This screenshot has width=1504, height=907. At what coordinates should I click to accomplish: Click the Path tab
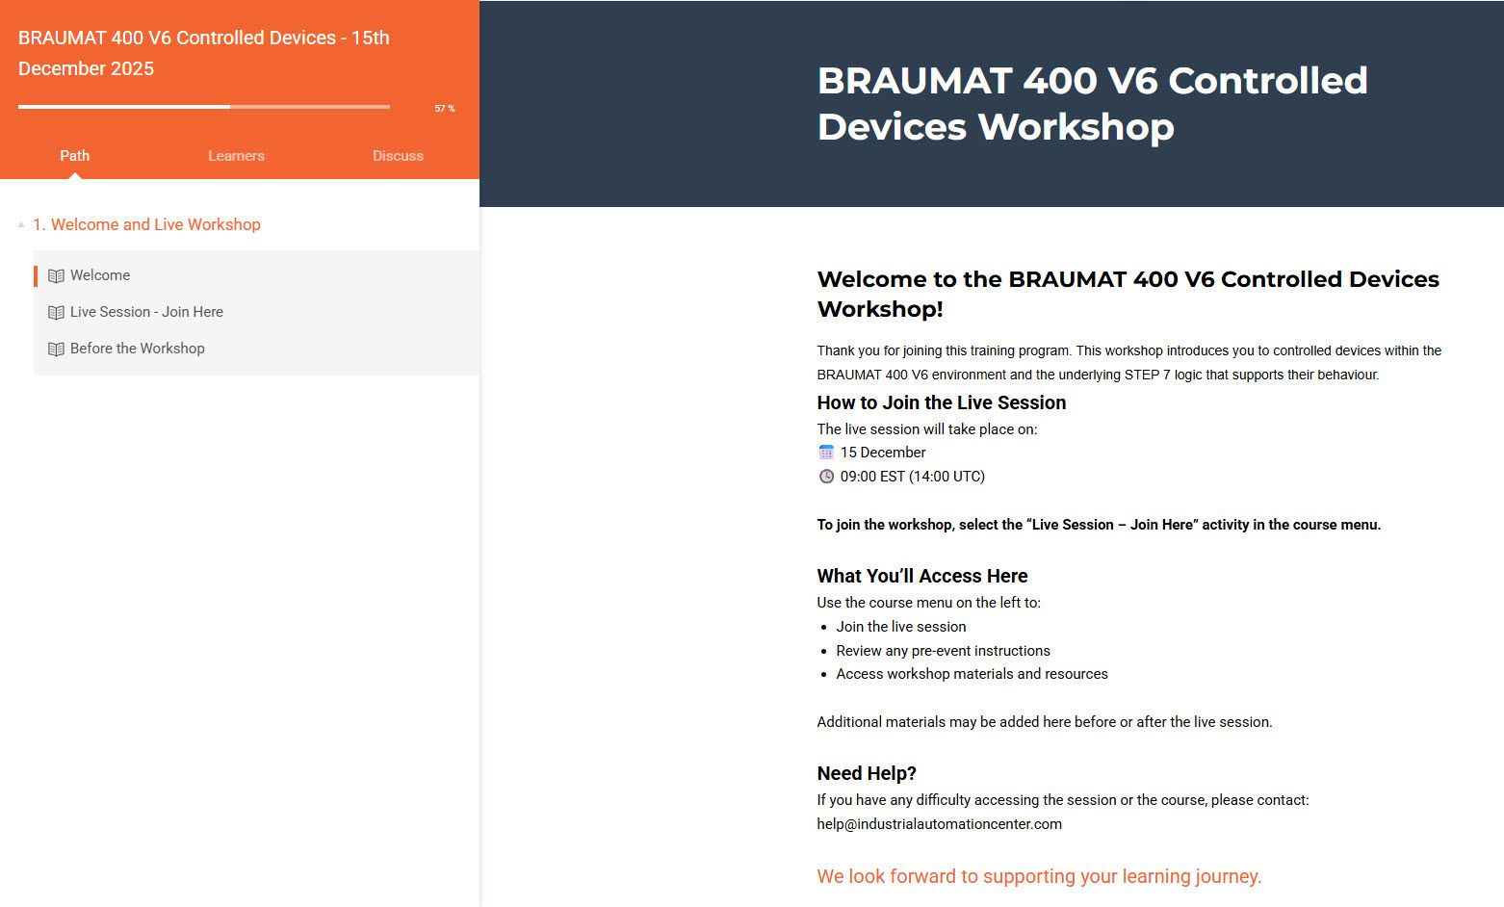(x=74, y=156)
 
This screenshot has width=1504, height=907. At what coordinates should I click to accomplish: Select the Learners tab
(x=236, y=156)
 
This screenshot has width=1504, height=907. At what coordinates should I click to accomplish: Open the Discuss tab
(x=399, y=156)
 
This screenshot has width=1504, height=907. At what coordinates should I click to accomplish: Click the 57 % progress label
(x=445, y=108)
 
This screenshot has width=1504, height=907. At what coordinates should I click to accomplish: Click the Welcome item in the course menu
(x=100, y=275)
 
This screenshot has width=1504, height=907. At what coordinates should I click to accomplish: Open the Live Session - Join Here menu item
(x=146, y=312)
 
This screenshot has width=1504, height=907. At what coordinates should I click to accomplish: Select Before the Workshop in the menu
(x=137, y=349)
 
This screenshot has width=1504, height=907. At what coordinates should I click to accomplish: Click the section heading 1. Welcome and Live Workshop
(x=146, y=224)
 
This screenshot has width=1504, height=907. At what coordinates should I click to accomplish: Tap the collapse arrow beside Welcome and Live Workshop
(x=21, y=225)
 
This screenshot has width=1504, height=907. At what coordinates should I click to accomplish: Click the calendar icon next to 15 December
(x=826, y=453)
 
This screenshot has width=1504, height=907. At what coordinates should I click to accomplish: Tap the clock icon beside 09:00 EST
(x=826, y=476)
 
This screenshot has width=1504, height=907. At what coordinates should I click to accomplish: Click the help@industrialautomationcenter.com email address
(x=940, y=824)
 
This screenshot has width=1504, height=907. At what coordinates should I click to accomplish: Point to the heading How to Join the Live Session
(x=942, y=402)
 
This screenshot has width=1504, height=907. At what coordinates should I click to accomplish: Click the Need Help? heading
(x=867, y=773)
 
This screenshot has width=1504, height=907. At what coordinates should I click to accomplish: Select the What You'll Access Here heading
(x=921, y=576)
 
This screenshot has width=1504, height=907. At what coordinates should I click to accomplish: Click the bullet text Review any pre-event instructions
(x=943, y=651)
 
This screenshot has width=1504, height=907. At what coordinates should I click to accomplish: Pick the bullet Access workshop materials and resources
(x=972, y=673)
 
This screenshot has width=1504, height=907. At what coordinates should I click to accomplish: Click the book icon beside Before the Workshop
(x=57, y=350)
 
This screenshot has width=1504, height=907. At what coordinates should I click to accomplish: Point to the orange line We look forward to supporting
(x=1039, y=876)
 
